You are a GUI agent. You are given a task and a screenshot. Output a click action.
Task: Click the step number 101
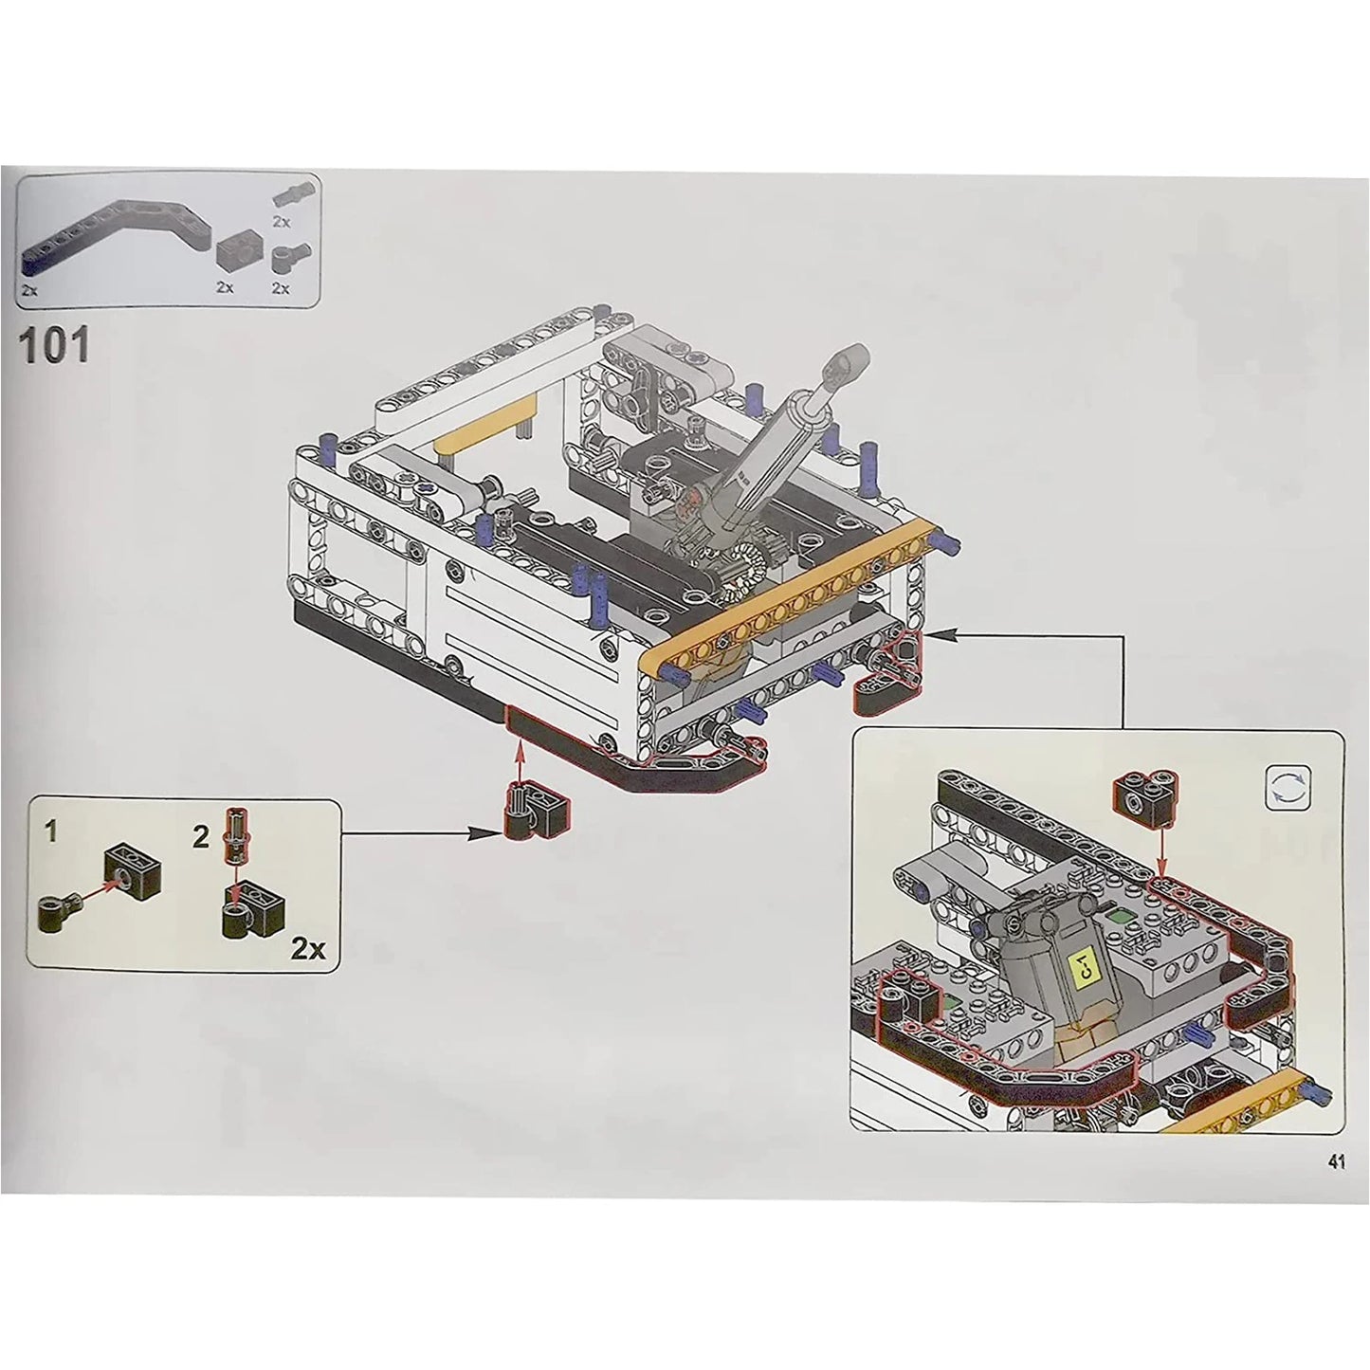point(55,346)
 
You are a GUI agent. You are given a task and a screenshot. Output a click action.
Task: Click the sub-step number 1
point(50,833)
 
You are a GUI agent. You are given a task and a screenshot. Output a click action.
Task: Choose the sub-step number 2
point(201,837)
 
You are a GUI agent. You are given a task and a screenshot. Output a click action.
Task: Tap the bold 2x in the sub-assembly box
point(308,950)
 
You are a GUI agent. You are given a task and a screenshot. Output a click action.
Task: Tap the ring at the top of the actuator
point(849,361)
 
